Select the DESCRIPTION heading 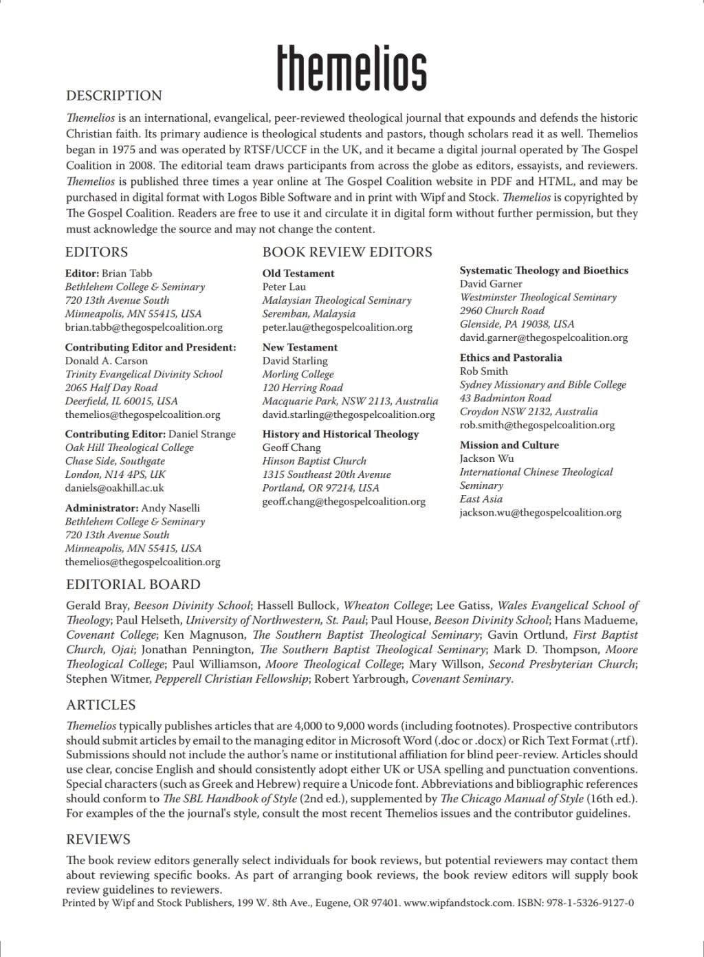(x=114, y=96)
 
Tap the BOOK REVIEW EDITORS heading (x=347, y=252)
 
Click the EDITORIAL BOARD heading (x=133, y=584)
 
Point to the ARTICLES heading (x=101, y=705)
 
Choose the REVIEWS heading (x=98, y=839)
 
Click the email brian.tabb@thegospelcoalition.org (x=144, y=327)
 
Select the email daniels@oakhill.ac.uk (x=115, y=487)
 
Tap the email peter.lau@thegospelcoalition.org (x=337, y=327)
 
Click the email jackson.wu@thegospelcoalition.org (x=540, y=512)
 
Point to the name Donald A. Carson (x=107, y=361)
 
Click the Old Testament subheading (x=298, y=273)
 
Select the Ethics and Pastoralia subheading (x=511, y=357)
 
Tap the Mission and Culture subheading (x=509, y=445)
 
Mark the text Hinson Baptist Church (x=314, y=461)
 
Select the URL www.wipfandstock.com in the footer (x=459, y=903)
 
